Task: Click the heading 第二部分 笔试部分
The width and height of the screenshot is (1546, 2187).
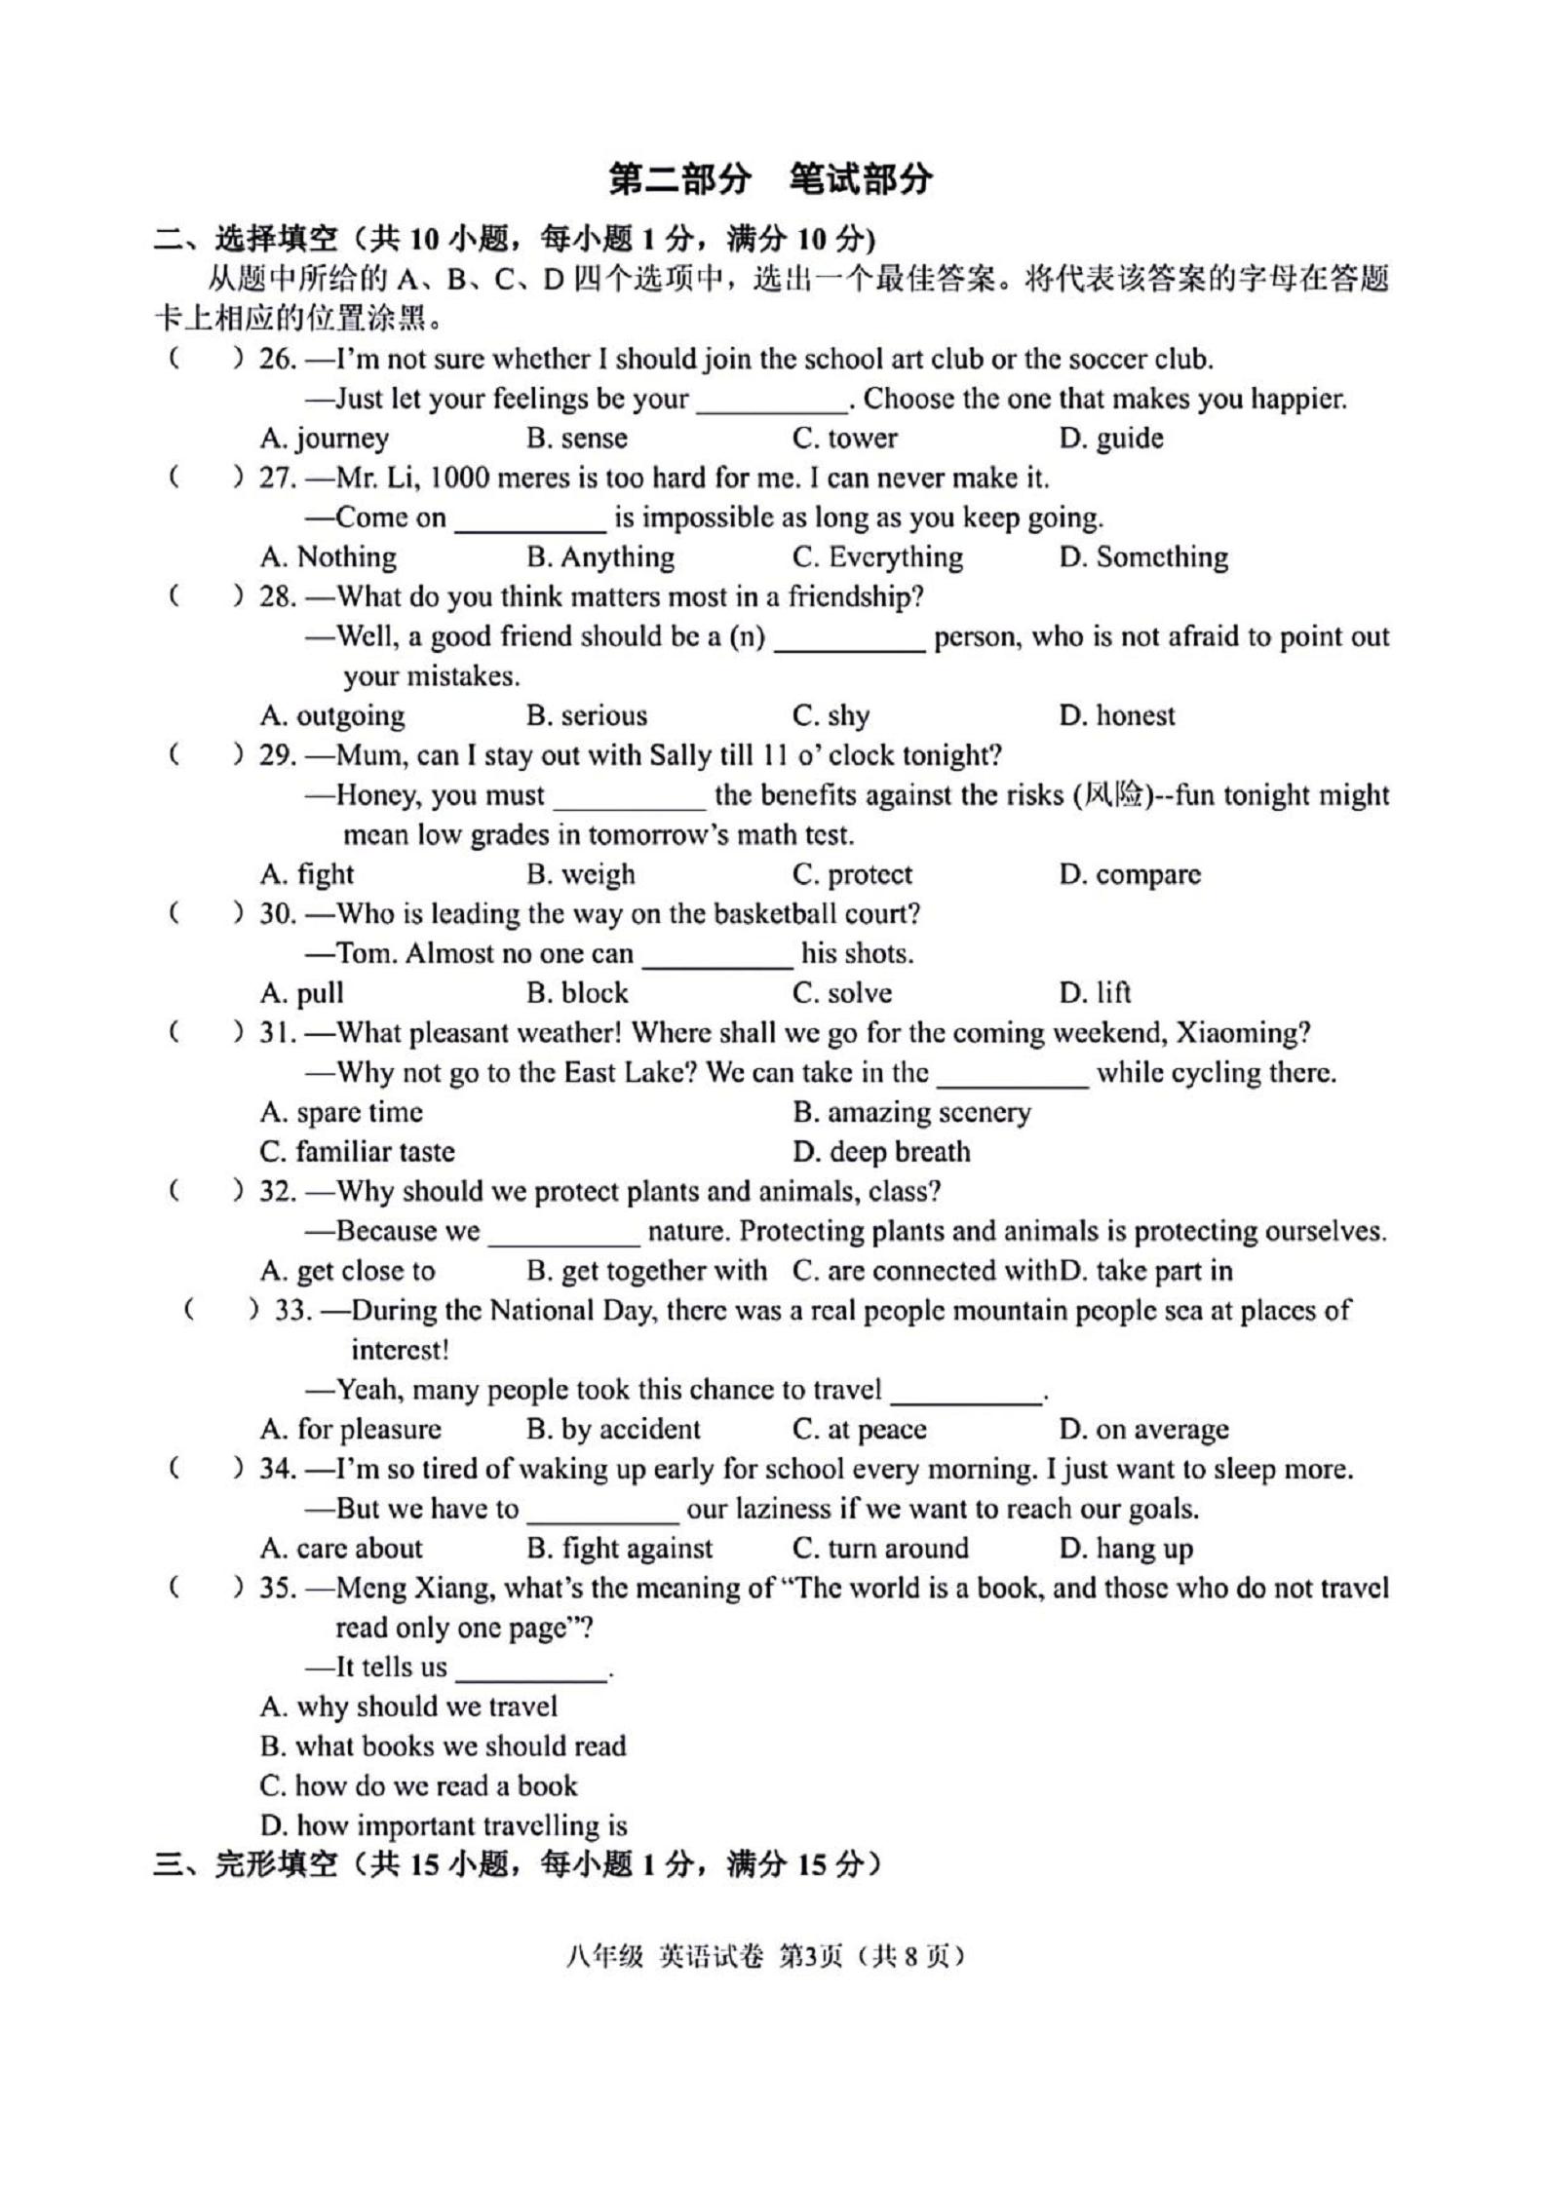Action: tap(770, 178)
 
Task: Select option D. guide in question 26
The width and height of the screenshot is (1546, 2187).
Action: tap(1111, 439)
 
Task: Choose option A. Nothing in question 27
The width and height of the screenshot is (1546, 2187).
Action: tap(328, 557)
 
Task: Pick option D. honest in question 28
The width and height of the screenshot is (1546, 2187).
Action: tap(1117, 716)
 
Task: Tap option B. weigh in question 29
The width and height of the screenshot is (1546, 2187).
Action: tap(580, 874)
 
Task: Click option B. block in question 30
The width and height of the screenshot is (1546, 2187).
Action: tap(577, 993)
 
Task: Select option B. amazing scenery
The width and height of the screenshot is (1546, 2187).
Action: tap(911, 1112)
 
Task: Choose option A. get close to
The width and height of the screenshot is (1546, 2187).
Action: tap(347, 1271)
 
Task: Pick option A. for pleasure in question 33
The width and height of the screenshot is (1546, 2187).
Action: tap(350, 1430)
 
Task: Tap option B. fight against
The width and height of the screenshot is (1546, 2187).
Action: tap(619, 1549)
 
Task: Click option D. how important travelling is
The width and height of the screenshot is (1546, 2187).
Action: tap(444, 1825)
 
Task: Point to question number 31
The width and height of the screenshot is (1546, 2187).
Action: tap(277, 1033)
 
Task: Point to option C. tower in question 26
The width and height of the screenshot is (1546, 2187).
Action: tap(844, 439)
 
